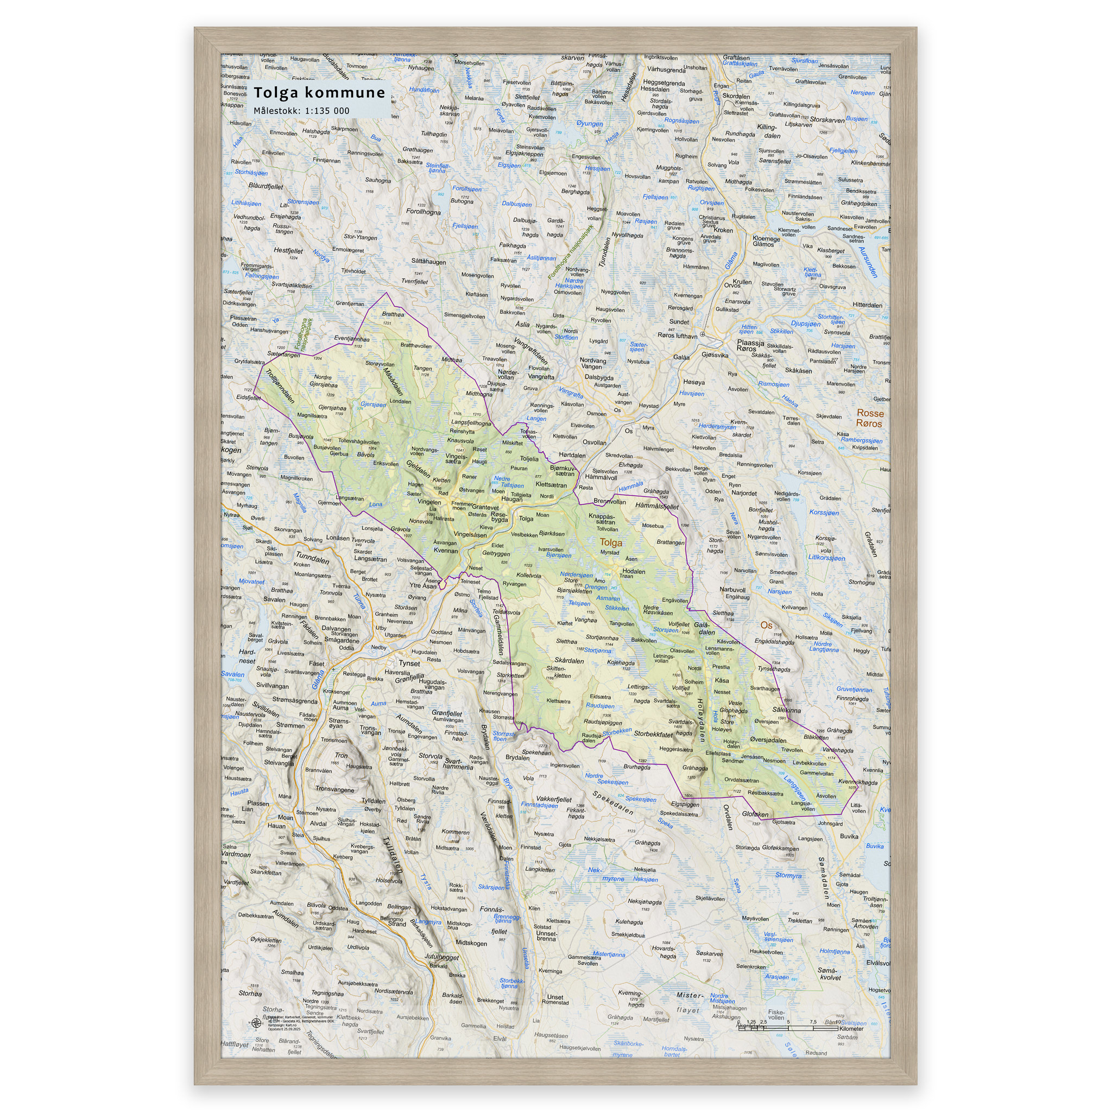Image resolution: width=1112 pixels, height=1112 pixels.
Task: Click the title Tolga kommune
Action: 319,93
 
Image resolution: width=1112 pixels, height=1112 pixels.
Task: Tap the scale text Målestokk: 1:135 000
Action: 301,111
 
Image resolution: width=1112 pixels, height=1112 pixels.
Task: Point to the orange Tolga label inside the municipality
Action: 611,542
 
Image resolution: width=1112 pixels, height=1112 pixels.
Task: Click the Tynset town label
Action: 409,663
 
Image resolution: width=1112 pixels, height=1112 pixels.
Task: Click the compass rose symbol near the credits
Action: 256,1022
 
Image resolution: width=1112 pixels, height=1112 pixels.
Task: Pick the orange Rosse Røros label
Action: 869,419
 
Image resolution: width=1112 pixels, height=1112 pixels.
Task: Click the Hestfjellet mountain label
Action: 288,251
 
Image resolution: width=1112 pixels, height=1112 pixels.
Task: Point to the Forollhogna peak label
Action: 423,212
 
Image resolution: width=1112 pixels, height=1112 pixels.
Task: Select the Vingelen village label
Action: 429,502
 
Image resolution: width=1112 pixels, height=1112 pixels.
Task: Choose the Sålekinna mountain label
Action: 786,710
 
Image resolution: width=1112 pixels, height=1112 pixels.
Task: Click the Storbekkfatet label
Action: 653,734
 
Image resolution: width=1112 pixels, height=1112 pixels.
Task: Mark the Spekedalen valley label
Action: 613,803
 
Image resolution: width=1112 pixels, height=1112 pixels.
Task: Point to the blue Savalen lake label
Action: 232,674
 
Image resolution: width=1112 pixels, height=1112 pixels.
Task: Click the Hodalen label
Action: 634,572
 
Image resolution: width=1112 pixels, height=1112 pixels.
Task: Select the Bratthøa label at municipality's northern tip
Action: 393,314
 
